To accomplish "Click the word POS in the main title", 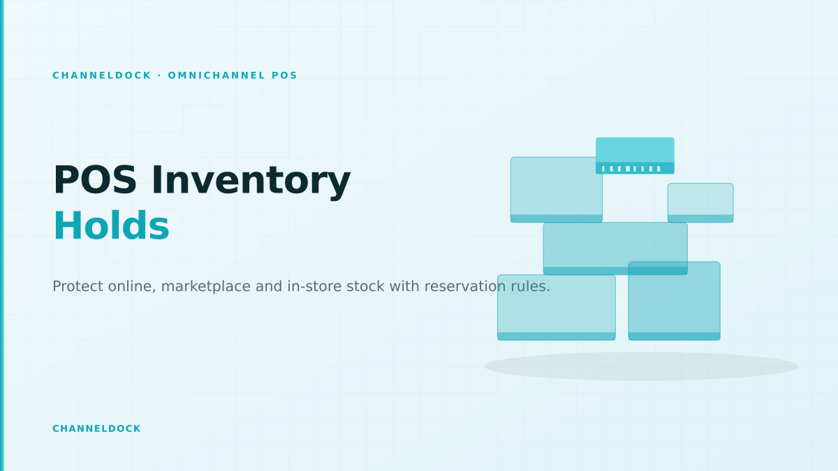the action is coord(95,181).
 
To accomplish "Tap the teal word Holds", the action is coord(112,226).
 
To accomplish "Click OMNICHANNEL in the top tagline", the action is coord(216,75).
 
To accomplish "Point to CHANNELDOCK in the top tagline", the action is coord(102,75).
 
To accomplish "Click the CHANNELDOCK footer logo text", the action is coord(96,428).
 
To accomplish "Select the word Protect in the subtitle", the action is coord(78,286).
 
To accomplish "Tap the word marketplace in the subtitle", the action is coord(206,287).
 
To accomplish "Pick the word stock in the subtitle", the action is coord(365,286).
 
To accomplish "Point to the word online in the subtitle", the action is coord(132,287).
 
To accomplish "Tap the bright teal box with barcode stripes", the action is coord(635,156).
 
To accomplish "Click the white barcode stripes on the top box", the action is coord(631,169).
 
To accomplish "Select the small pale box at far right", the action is coord(700,202).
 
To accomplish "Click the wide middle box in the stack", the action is coord(615,248).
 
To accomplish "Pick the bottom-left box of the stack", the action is coord(557,307).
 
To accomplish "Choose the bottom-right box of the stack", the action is coord(674,301).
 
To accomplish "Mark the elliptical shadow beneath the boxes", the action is coord(641,366).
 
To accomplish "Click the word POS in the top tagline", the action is coord(284,75).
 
